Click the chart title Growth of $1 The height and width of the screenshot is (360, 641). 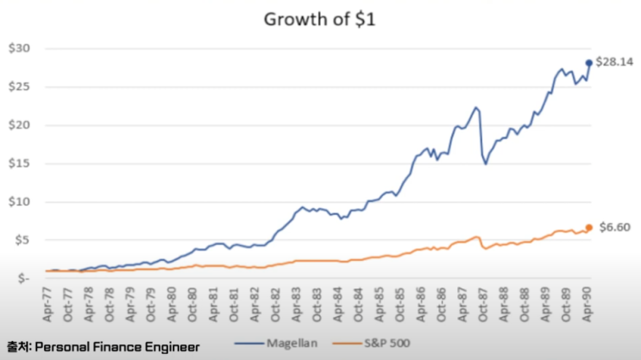point(321,19)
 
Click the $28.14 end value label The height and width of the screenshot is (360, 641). point(613,62)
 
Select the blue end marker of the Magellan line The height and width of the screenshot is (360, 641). point(589,62)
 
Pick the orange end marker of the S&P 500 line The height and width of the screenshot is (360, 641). point(589,228)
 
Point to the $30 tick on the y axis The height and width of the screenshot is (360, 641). point(20,48)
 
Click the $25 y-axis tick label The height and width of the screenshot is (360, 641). point(20,86)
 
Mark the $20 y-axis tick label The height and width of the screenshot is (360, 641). point(20,125)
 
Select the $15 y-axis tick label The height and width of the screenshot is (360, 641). point(20,163)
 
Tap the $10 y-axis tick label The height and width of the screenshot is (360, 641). point(20,202)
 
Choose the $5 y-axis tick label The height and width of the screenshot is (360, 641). point(22,240)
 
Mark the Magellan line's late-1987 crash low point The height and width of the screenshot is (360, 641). point(487,163)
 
